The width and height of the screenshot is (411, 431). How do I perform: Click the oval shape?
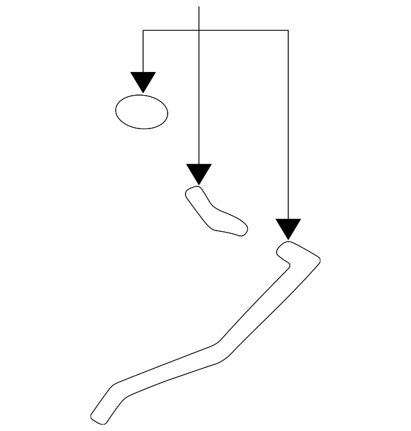tap(141, 112)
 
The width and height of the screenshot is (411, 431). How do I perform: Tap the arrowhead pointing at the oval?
tap(143, 82)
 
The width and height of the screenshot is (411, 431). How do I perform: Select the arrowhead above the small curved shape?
tap(199, 173)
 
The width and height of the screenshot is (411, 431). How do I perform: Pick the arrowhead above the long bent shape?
tap(288, 229)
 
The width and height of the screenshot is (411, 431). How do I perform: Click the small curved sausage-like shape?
tap(215, 212)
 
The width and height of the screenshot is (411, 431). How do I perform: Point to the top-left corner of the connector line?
tap(143, 30)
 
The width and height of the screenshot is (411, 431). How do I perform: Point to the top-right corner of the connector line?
tap(288, 30)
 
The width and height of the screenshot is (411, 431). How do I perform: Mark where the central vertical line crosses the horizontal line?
tap(199, 30)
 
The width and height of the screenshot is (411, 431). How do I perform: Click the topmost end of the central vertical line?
tap(199, 7)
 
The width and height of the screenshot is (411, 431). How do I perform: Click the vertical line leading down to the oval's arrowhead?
tap(143, 51)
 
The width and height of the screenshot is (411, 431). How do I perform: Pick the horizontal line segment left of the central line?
tap(171, 30)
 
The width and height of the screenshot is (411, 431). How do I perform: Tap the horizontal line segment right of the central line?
tap(244, 30)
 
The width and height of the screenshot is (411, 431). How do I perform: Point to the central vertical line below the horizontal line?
tap(199, 96)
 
